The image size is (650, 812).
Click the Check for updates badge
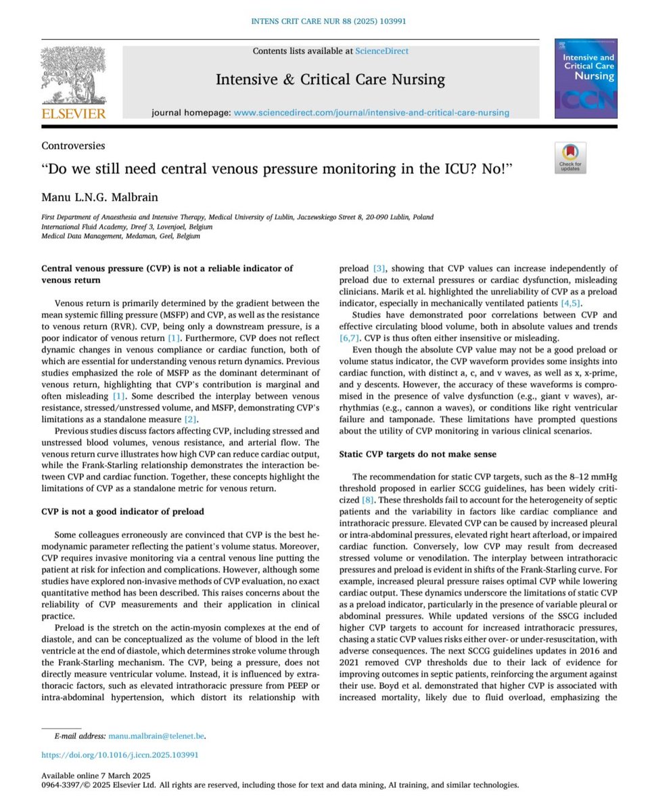(570, 158)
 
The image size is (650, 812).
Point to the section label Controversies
(73, 145)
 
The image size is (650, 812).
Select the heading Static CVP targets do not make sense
(417, 453)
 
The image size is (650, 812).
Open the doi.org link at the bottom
(120, 754)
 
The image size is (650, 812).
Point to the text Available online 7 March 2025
(95, 775)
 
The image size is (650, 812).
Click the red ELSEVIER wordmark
(74, 113)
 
